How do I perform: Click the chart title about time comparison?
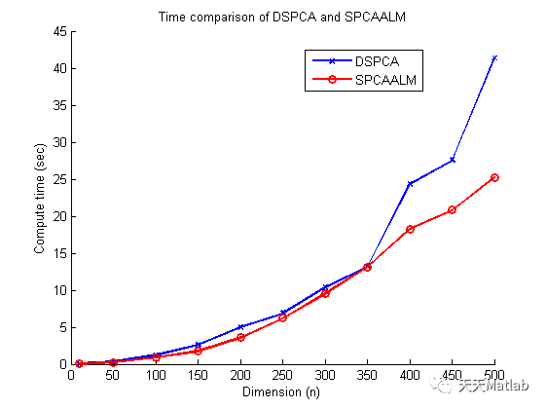point(282,17)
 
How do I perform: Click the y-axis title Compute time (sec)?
point(40,198)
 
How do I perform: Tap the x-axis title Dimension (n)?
point(282,392)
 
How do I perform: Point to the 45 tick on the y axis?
point(60,32)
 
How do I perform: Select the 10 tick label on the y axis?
point(60,290)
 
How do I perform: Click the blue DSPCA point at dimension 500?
point(494,58)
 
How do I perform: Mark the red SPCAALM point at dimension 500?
point(494,177)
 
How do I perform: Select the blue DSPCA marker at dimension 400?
point(410,184)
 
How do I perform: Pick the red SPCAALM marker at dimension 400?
point(410,229)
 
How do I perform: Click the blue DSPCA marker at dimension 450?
point(453,160)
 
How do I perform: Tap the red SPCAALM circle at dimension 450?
point(453,210)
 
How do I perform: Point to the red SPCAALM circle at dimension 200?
point(240,337)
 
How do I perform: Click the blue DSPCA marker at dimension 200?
point(240,327)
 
